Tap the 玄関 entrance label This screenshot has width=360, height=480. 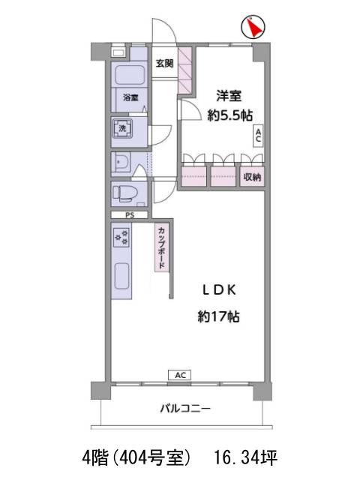165,63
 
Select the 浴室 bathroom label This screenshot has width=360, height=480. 130,97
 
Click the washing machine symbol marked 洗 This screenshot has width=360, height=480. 122,128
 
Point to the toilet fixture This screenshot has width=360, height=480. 125,193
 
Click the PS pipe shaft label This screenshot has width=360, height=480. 130,215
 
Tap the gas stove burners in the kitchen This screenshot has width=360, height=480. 121,237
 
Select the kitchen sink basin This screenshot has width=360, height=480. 121,275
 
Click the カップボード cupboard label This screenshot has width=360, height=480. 162,247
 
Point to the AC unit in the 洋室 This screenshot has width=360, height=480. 258,136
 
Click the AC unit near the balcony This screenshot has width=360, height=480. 180,375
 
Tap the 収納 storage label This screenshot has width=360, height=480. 252,177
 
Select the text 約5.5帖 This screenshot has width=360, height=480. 230,115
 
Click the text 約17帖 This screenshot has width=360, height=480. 218,316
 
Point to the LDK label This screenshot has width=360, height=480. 219,290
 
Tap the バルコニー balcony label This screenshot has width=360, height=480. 185,408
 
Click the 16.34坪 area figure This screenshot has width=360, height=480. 246,457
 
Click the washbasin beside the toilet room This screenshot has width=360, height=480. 121,163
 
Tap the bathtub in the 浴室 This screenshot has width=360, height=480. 129,75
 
